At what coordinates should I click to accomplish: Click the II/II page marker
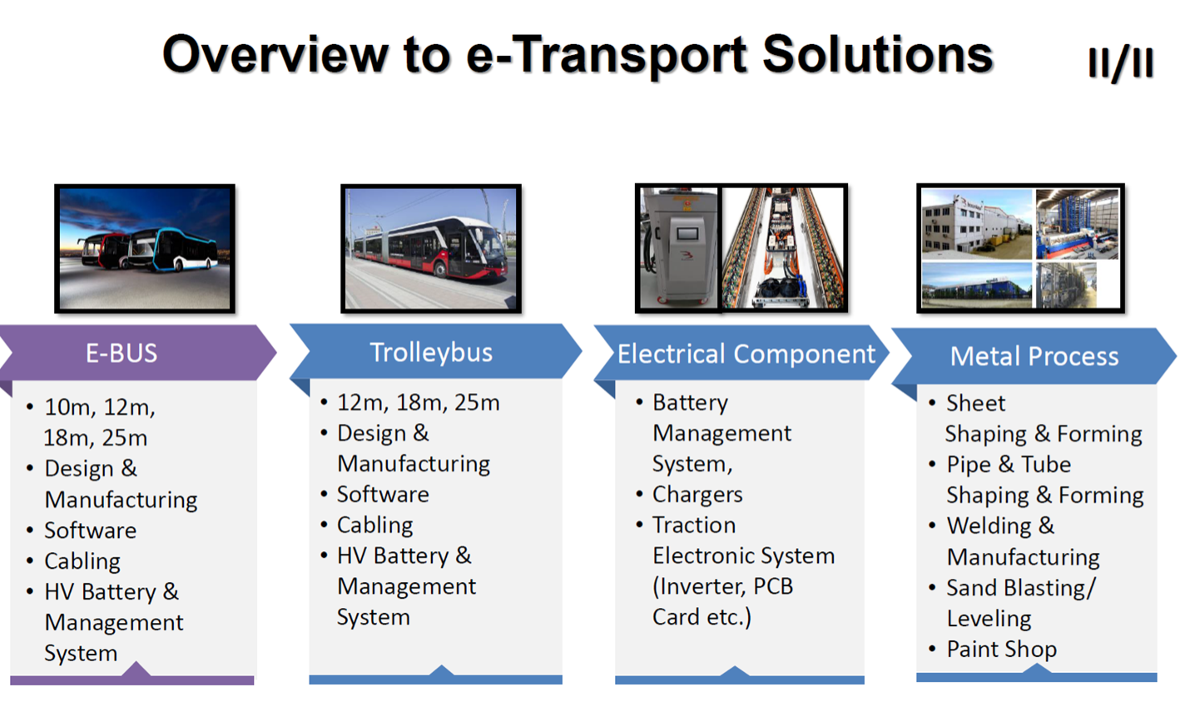click(x=1121, y=63)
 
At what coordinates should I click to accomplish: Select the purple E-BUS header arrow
click(x=138, y=352)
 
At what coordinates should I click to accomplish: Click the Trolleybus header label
click(x=431, y=352)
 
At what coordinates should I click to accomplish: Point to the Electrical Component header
click(x=746, y=354)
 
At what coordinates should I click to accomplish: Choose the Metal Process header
click(x=1034, y=356)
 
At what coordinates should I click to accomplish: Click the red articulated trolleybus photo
click(x=431, y=249)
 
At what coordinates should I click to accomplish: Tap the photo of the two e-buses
click(x=145, y=249)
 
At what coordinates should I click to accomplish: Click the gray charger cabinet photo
click(x=678, y=248)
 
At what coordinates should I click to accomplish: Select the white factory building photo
click(x=977, y=224)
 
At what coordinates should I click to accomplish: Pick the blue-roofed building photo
click(x=977, y=285)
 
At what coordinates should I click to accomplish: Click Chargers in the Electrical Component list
click(x=697, y=495)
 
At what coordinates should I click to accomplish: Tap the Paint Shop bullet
click(x=1001, y=650)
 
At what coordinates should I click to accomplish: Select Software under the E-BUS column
click(x=90, y=530)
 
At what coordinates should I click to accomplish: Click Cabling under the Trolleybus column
click(x=374, y=525)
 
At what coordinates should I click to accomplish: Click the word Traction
click(x=694, y=525)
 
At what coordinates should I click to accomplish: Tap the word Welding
click(x=989, y=526)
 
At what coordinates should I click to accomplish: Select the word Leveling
click(x=989, y=619)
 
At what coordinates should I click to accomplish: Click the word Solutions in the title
click(x=878, y=54)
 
